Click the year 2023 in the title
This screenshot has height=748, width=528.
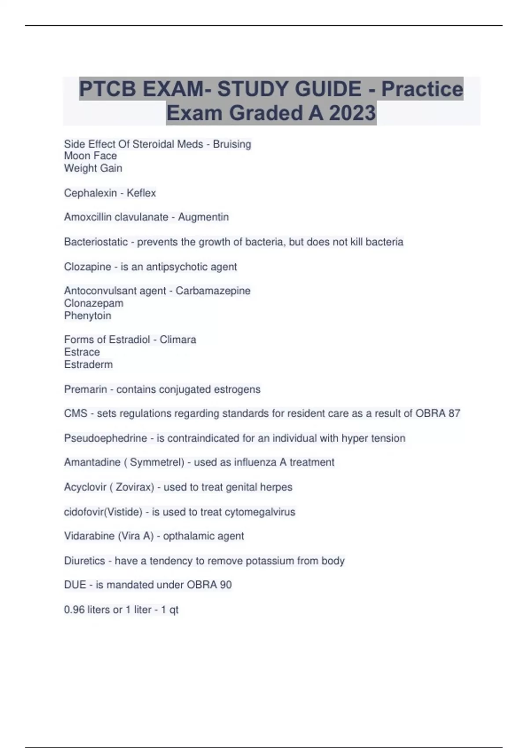pos(352,113)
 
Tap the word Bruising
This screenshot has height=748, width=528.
pos(232,144)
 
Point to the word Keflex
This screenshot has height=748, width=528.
pos(141,193)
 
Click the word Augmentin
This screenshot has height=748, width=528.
pos(203,217)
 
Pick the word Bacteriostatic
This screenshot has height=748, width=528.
pos(95,242)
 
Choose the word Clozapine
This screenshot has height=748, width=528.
pos(88,267)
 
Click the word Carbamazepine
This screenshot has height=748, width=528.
pos(213,290)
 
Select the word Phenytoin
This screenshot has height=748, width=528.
pos(88,315)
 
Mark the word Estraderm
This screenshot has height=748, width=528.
pos(88,364)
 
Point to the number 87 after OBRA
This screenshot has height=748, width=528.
pos(454,413)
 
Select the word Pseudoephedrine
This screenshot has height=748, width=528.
pos(106,438)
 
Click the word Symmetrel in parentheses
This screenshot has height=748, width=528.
pos(157,462)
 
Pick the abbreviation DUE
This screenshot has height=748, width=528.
pos(75,585)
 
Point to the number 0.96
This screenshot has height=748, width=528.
pos(74,610)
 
